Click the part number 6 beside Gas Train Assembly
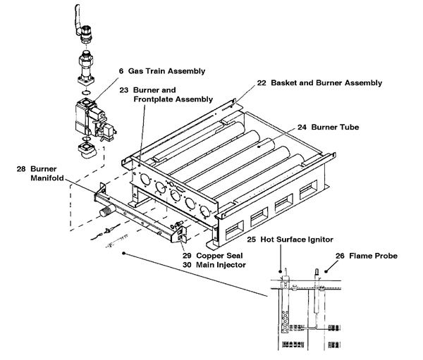click(x=121, y=71)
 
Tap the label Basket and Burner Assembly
click(x=326, y=83)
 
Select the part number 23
click(x=124, y=89)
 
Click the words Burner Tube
click(x=335, y=127)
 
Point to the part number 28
click(x=21, y=169)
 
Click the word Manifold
click(x=47, y=178)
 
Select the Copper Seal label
click(x=219, y=256)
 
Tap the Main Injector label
click(x=221, y=265)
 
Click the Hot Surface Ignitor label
click(x=297, y=240)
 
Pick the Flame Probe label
click(x=374, y=256)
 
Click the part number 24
click(x=302, y=127)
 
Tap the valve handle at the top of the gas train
click(x=78, y=19)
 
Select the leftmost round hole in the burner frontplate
click(x=145, y=180)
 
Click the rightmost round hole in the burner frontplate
click(x=205, y=211)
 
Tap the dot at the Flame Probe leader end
click(x=326, y=271)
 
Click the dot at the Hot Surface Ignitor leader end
click(x=281, y=271)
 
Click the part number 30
click(x=187, y=265)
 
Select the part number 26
click(x=340, y=256)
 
